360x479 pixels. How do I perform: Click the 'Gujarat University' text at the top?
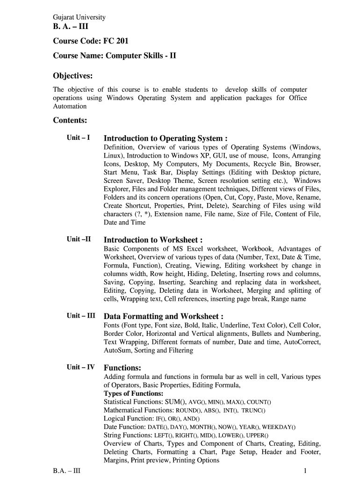(x=79, y=17)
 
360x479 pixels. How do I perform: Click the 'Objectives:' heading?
(x=72, y=76)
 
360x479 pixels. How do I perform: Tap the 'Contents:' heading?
(x=70, y=120)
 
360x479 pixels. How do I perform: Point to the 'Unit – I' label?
(x=78, y=138)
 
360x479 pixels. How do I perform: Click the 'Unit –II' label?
(x=79, y=239)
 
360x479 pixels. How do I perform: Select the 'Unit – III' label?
(x=81, y=315)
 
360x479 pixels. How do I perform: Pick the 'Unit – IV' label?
(x=81, y=367)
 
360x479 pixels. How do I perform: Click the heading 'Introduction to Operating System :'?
(x=166, y=138)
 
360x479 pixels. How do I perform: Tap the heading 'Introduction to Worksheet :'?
(x=153, y=240)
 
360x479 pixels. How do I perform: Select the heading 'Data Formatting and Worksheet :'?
(x=163, y=316)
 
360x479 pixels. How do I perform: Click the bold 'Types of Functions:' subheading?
(x=133, y=393)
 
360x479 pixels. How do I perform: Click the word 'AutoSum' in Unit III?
(x=117, y=350)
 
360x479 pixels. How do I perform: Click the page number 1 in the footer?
(x=305, y=471)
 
